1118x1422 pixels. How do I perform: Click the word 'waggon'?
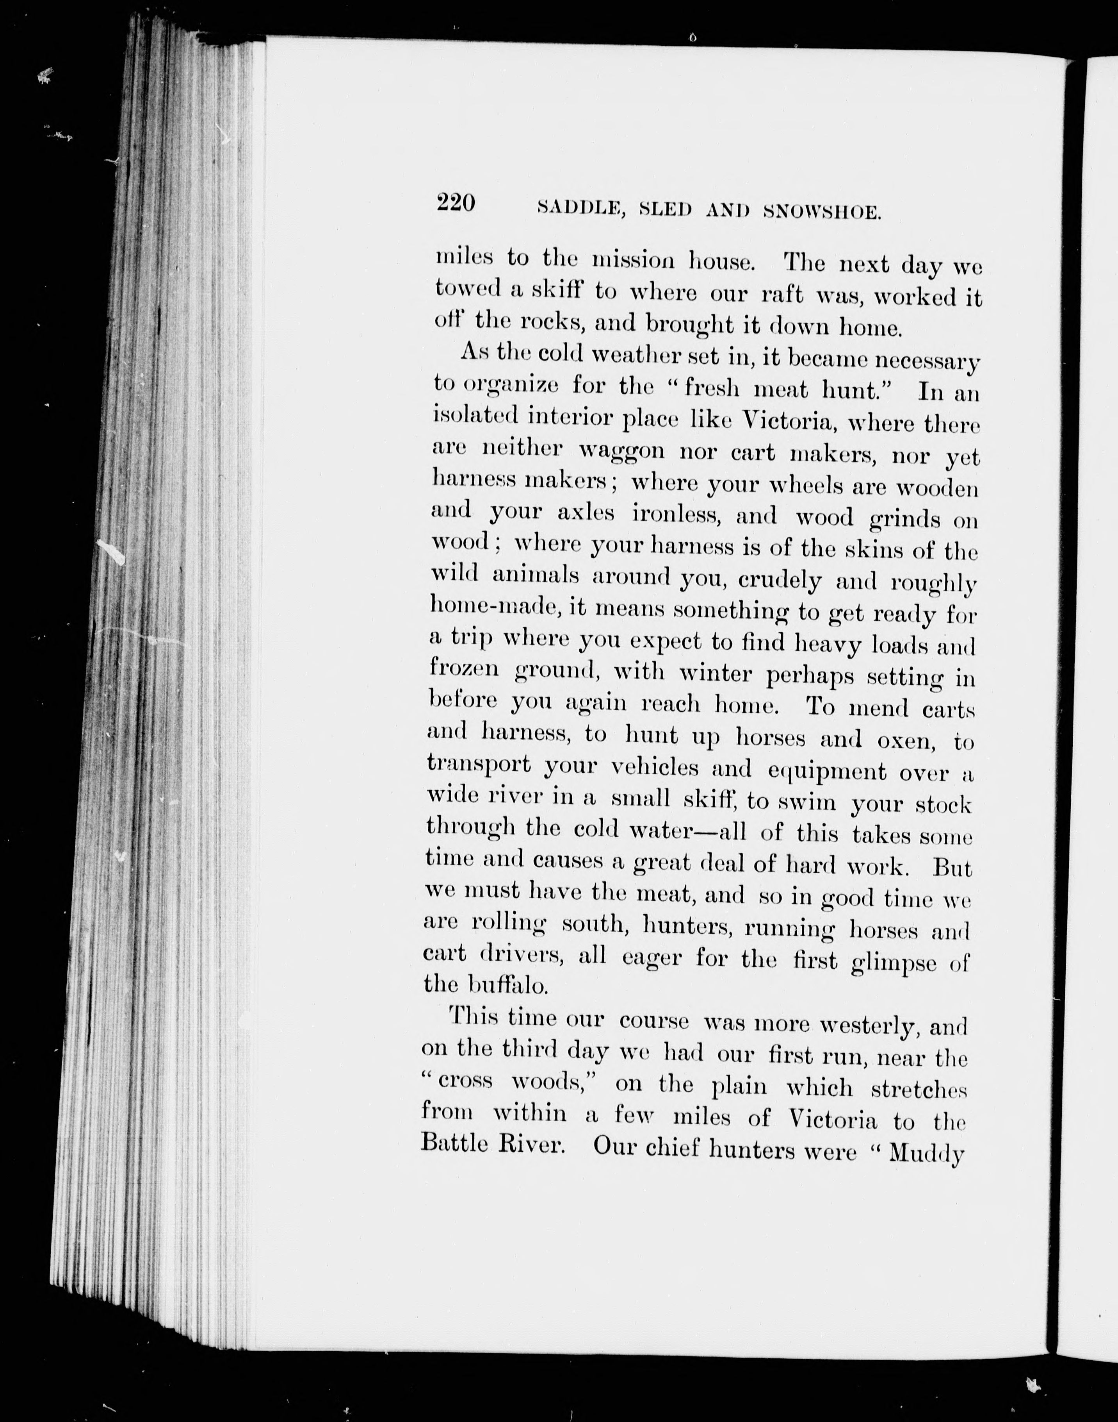[x=622, y=451]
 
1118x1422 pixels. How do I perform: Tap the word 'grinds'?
[x=904, y=520]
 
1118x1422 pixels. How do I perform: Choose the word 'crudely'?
[x=780, y=581]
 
